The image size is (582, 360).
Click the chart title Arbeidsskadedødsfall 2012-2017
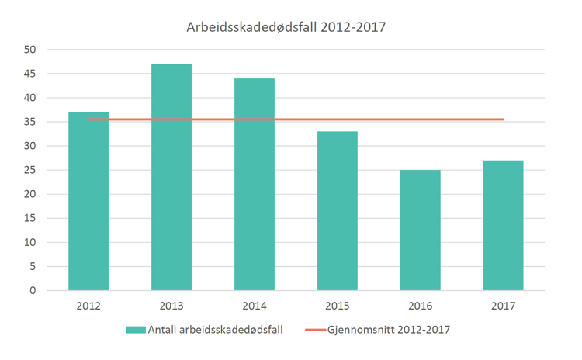pos(286,27)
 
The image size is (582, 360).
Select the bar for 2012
pos(88,202)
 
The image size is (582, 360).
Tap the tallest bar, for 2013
pos(171,178)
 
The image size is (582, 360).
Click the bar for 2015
pos(338,211)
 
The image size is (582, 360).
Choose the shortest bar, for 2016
pos(421,230)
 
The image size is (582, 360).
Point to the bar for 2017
pos(504,226)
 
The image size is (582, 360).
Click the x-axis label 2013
pos(171,306)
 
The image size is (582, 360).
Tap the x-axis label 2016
pos(421,306)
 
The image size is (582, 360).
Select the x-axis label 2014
pos(255,306)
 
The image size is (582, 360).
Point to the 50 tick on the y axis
pos(31,50)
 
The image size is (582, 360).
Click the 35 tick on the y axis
pos(31,122)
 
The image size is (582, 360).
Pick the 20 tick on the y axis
pos(31,194)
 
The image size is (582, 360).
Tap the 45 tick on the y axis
pos(31,74)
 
